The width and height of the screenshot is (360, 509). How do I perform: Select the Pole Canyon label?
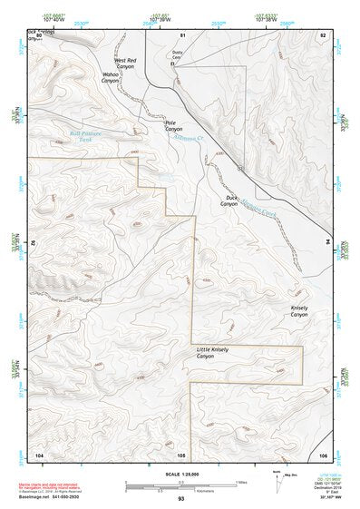[x=174, y=126]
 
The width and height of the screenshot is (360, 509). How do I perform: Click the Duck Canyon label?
[x=229, y=201]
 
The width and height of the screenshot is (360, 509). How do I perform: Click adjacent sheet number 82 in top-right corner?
[x=322, y=34]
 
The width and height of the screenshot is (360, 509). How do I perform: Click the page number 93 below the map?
[x=181, y=499]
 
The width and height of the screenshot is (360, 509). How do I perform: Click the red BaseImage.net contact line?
[x=56, y=497]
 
